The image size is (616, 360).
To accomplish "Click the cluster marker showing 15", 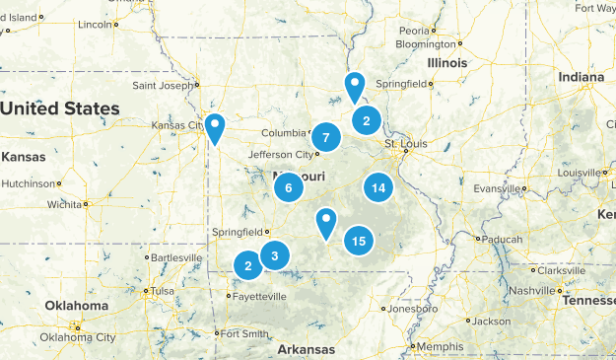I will point(359,240).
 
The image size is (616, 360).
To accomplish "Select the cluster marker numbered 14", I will point(377,187).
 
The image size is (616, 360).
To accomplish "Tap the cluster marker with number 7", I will point(325,137).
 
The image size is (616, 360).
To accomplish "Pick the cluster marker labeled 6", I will point(288,186).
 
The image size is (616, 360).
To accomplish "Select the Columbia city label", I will point(286,133).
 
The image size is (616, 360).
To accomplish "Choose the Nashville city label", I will point(533,290).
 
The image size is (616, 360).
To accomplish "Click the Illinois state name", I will point(446,62).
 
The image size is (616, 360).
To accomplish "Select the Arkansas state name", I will point(306,349).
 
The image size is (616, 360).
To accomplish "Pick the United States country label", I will point(60,108).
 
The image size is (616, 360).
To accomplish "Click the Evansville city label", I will point(500,188).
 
